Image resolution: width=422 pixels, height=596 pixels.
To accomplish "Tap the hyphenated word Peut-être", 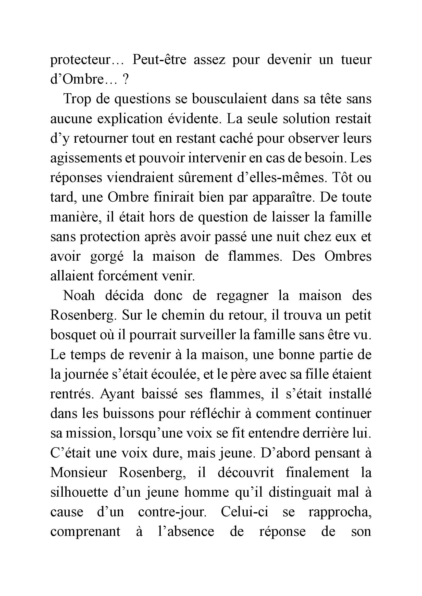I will [x=159, y=60].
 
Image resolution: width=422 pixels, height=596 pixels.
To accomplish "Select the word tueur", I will [x=356, y=60].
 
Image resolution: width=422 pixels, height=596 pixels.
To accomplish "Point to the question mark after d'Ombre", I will [x=125, y=80].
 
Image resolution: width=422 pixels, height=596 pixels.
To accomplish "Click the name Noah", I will [x=79, y=296].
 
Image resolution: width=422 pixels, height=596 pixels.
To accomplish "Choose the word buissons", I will [x=129, y=414].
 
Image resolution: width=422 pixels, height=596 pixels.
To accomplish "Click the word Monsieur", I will [x=79, y=473].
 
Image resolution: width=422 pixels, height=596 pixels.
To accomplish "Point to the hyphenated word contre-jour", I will [x=172, y=512].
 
